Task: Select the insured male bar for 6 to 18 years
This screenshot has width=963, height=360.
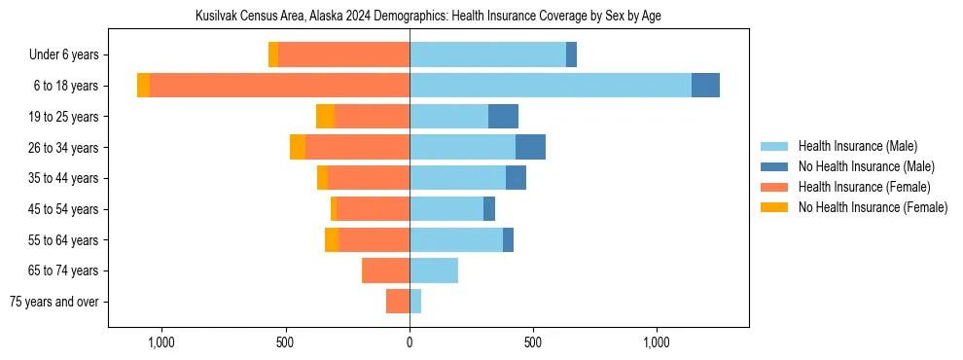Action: pyautogui.click(x=551, y=86)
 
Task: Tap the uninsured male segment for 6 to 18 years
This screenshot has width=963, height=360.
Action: pyautogui.click(x=705, y=86)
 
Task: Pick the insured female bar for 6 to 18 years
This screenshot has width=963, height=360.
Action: pyautogui.click(x=279, y=86)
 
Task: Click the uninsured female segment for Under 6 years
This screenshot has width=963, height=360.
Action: pyautogui.click(x=273, y=54)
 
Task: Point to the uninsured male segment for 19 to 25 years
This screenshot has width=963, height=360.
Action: pyautogui.click(x=503, y=117)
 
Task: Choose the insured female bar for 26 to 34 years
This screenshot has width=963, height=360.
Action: pyautogui.click(x=357, y=147)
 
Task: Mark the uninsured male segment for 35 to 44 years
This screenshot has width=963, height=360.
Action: pyautogui.click(x=516, y=178)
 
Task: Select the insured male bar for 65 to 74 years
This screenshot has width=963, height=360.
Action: pyautogui.click(x=434, y=270)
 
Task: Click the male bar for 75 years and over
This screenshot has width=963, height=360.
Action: pyautogui.click(x=415, y=302)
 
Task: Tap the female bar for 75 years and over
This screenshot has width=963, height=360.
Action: pyautogui.click(x=398, y=302)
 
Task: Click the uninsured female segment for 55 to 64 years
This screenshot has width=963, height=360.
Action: pyautogui.click(x=332, y=239)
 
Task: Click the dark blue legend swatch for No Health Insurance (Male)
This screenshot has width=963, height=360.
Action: pyautogui.click(x=774, y=166)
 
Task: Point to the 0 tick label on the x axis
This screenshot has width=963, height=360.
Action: pyautogui.click(x=410, y=342)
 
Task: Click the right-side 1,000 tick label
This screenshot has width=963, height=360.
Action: pyautogui.click(x=657, y=342)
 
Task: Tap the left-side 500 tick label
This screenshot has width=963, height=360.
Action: pyautogui.click(x=285, y=342)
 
